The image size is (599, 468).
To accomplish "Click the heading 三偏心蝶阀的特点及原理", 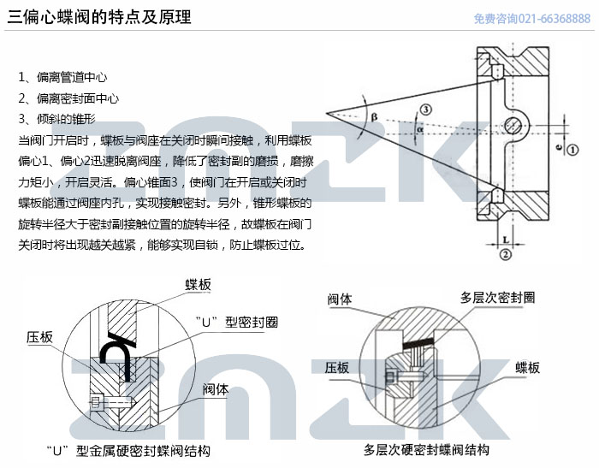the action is (x=99, y=17).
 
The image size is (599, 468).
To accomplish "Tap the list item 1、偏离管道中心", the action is (x=62, y=77).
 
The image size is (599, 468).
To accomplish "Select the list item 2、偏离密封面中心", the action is (x=68, y=98).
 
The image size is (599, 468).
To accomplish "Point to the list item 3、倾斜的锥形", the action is (x=57, y=119).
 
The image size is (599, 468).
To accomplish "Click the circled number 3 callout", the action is (x=426, y=110).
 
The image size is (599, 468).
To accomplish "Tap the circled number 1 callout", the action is (x=572, y=150).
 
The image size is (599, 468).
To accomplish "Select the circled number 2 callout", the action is (x=506, y=254).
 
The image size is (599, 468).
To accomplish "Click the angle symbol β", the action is (x=375, y=117).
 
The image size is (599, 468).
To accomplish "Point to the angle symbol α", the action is (x=420, y=129).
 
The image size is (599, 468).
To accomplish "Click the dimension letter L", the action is (x=506, y=240).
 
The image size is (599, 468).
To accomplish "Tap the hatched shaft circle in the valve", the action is (x=513, y=125).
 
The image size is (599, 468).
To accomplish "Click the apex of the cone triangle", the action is (x=327, y=113).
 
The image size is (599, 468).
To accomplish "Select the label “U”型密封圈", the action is (x=236, y=323).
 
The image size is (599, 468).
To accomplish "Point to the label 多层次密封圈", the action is (x=497, y=298).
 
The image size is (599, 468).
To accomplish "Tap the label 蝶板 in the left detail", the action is (x=198, y=285).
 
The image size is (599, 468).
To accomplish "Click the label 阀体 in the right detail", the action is (x=340, y=299).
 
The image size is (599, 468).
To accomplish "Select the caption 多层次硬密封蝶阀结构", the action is (x=426, y=450).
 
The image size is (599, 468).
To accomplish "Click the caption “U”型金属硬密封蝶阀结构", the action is (x=128, y=451).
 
